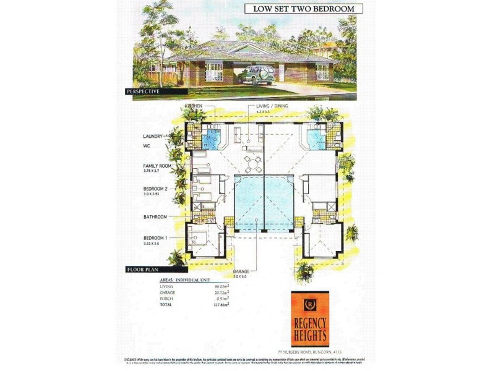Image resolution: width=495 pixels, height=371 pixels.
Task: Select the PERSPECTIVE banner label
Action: click(143, 92)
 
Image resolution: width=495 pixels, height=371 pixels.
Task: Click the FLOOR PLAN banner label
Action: click(144, 270)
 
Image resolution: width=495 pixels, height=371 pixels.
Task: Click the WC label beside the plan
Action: click(147, 147)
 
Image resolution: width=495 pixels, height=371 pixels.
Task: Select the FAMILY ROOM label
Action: click(157, 166)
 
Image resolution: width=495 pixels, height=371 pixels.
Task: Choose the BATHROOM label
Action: click(157, 216)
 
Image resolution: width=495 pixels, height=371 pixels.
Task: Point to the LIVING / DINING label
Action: click(273, 106)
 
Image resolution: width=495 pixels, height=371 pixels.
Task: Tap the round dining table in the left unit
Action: click(250, 161)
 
